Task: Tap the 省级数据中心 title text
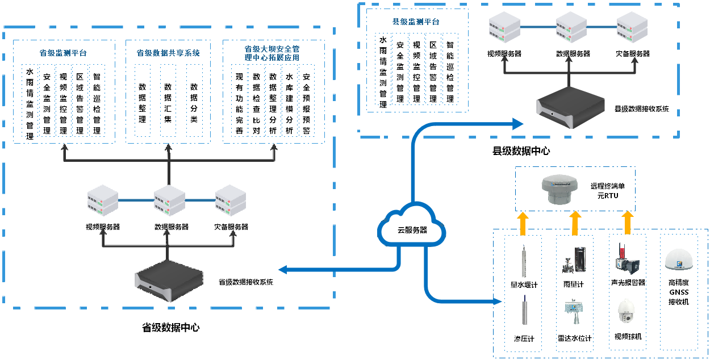[x=170, y=328]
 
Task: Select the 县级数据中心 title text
[x=521, y=151]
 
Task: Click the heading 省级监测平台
[x=63, y=53]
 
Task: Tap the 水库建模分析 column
[x=290, y=103]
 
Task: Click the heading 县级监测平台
[x=416, y=22]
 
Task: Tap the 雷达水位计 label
[x=574, y=339]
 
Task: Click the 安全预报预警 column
[x=307, y=103]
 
